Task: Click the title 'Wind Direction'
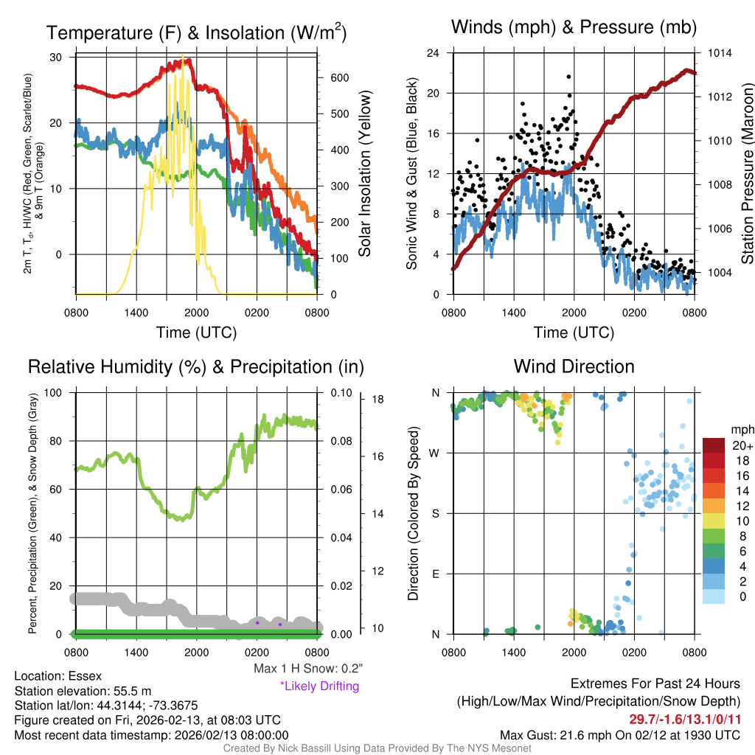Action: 574,366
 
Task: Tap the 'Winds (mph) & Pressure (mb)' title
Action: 574,28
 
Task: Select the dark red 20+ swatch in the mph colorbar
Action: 715,445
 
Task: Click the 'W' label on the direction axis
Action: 435,453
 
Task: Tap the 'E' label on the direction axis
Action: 436,574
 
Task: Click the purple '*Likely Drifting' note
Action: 319,686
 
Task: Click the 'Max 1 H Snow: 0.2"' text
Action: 307,669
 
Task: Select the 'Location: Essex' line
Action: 58,676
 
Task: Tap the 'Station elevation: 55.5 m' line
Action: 83,691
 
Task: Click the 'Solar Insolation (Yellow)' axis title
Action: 364,174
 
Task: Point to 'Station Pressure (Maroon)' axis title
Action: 746,174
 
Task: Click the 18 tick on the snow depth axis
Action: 378,400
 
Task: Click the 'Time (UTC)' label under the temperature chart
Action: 196,333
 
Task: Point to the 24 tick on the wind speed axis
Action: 434,53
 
